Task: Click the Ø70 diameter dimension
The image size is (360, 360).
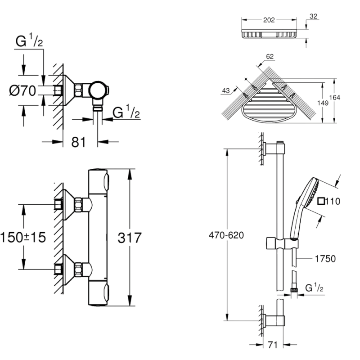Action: point(22,91)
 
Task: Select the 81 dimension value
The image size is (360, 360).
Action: point(79,142)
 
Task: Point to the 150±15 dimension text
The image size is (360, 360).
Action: point(23,237)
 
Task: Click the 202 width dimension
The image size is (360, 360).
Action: point(269,20)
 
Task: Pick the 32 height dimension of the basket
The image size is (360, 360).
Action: point(314,17)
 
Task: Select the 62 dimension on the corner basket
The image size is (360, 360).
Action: point(270,57)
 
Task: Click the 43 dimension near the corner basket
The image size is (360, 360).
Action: point(226,91)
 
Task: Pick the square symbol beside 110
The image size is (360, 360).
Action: point(320,201)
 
